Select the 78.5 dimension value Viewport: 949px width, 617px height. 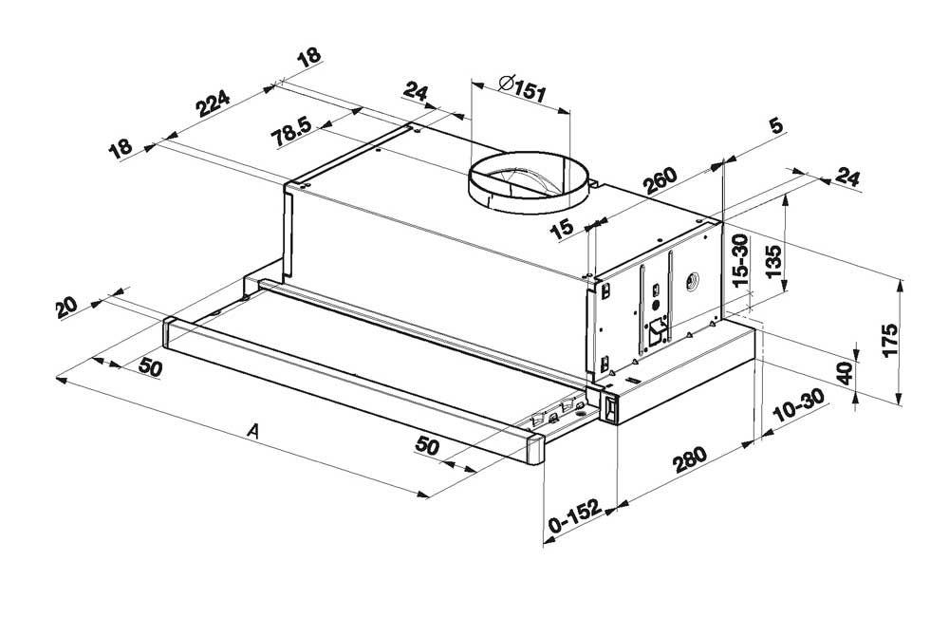pyautogui.click(x=290, y=133)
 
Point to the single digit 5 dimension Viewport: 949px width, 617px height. pyautogui.click(x=775, y=126)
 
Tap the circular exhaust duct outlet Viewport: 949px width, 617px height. pyautogui.click(x=527, y=183)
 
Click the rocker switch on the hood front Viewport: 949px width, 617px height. pyautogui.click(x=611, y=409)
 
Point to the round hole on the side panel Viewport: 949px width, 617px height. pyautogui.click(x=690, y=280)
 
